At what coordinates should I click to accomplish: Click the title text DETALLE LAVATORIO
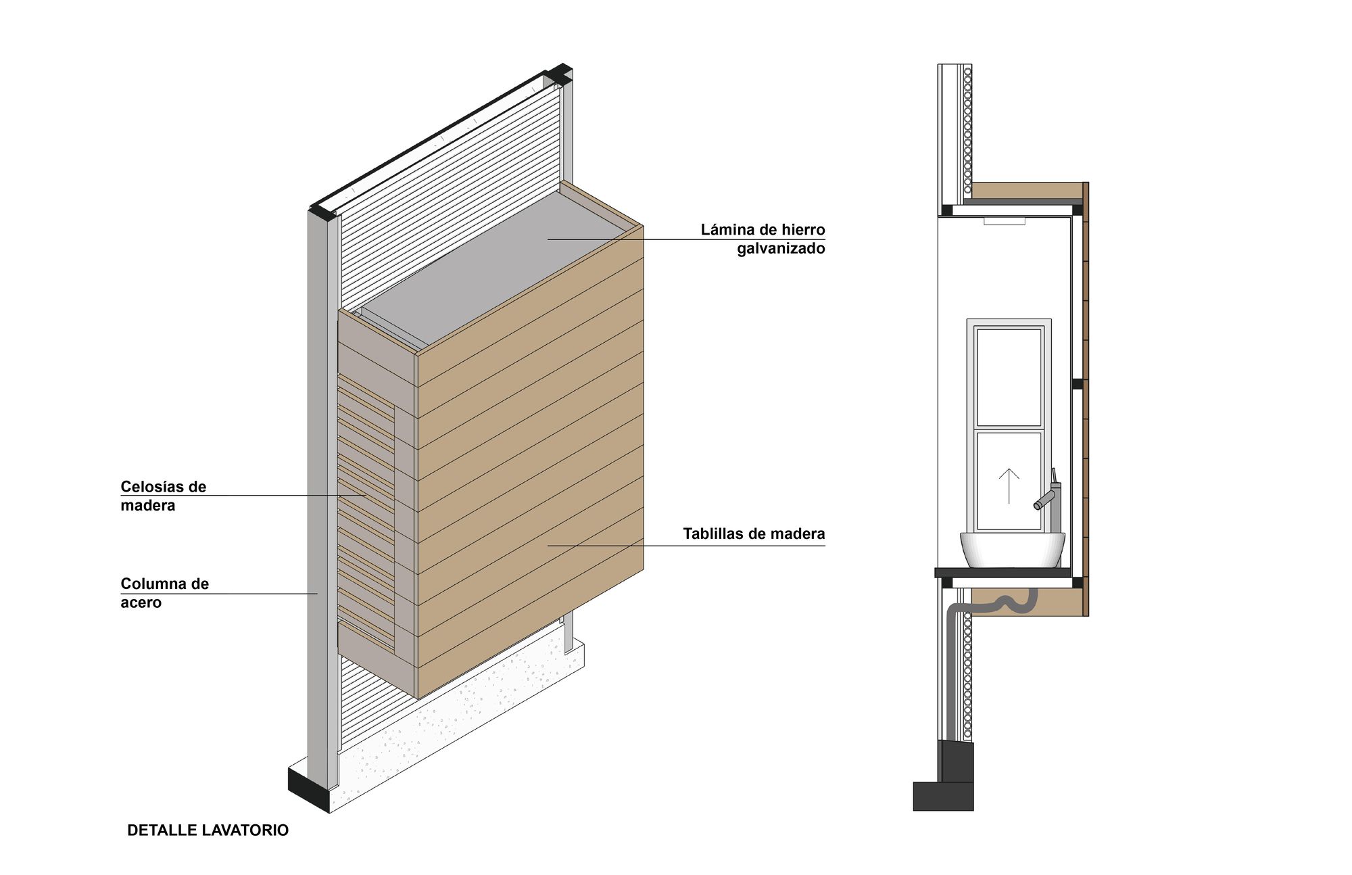click(208, 830)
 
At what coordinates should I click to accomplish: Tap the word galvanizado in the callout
click(781, 249)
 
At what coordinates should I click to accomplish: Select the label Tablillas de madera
click(754, 534)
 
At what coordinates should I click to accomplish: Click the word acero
click(141, 603)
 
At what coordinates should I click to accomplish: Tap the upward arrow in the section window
click(1009, 486)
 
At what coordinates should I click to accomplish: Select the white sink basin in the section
click(1012, 549)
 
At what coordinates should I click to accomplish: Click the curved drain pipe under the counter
click(1007, 603)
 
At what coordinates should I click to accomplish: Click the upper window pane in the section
click(1009, 377)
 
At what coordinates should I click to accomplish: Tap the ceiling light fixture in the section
click(1005, 220)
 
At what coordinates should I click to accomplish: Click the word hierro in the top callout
click(802, 230)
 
